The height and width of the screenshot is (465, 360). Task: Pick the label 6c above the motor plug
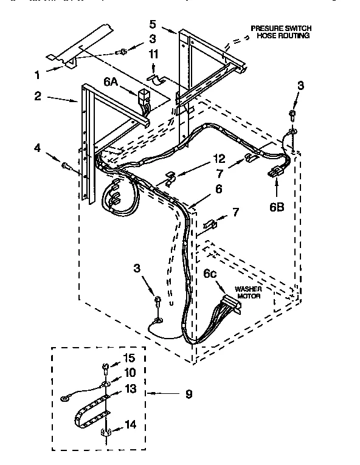tap(210, 275)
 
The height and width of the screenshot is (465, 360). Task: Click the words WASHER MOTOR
tap(249, 292)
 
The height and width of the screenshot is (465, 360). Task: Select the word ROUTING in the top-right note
tap(296, 36)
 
